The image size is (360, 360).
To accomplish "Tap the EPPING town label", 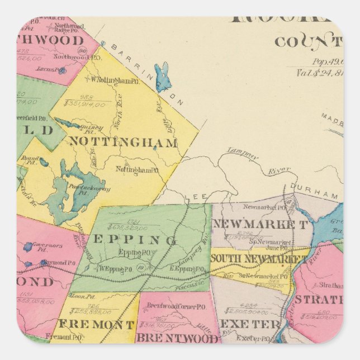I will point(134,240).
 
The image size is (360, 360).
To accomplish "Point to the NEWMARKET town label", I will point(260,225).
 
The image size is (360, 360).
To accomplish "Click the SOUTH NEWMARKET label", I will point(258,258).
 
